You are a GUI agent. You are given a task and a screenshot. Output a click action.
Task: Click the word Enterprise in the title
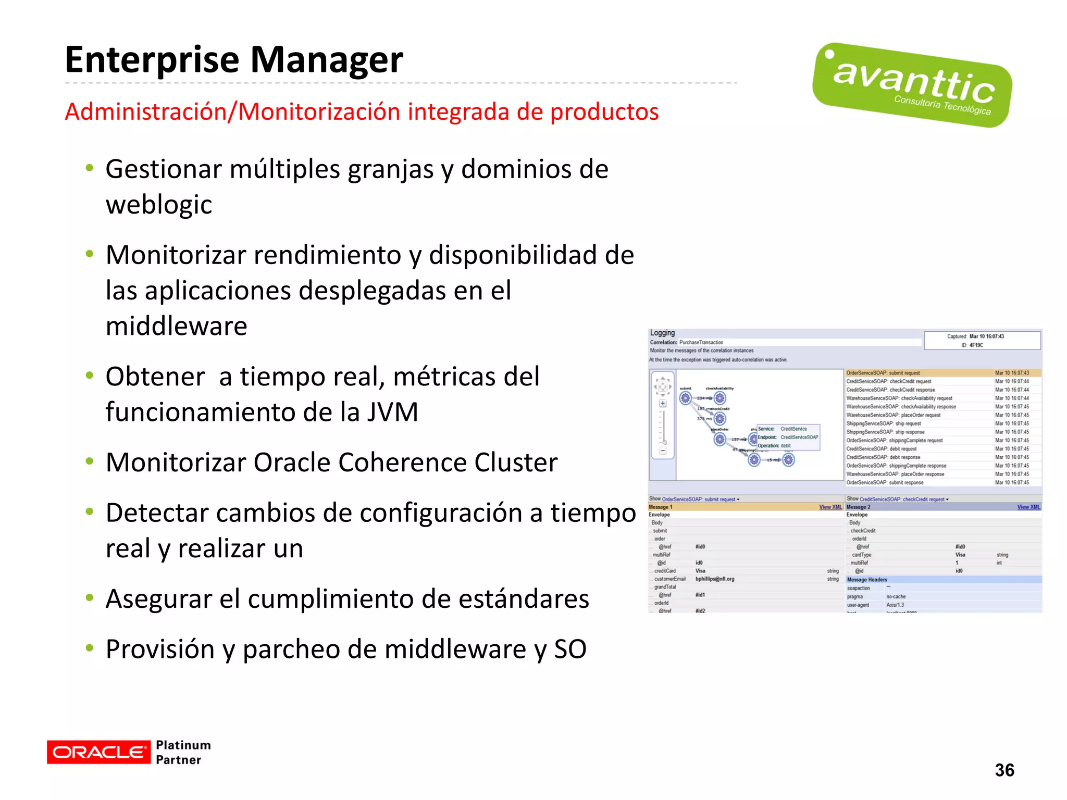coord(151,60)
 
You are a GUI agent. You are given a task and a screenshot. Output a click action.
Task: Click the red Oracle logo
coord(98,752)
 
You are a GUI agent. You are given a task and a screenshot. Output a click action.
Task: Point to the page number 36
coord(1004,770)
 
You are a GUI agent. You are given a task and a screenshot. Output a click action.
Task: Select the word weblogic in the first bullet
coord(159,205)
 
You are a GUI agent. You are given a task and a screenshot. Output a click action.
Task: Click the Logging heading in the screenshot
coord(662,333)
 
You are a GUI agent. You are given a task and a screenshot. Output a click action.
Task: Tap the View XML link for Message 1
coord(830,507)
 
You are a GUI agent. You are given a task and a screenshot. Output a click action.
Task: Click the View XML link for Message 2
coord(1028,507)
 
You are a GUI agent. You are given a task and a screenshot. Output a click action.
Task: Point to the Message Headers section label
coord(867,580)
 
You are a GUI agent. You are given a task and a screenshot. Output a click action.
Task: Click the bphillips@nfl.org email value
coord(714,579)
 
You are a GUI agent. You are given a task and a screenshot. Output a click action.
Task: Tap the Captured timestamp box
coord(982,341)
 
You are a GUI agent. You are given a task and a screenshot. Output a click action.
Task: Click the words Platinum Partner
coord(183,752)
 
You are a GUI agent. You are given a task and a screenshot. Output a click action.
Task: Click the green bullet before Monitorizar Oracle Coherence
coord(90,460)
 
